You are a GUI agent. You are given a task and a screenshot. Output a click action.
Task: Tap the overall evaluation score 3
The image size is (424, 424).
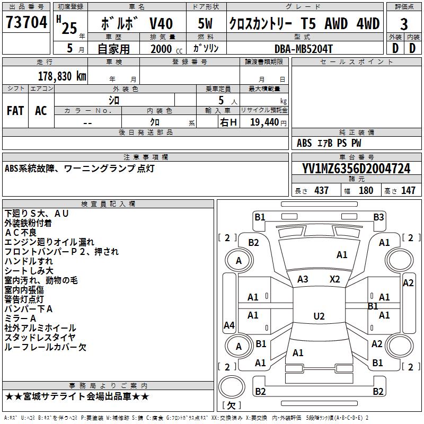point(404,24)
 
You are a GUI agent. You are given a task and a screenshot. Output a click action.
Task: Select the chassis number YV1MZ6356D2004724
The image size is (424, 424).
point(356,169)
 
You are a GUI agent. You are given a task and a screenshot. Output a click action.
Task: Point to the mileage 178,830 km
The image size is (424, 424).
point(63,76)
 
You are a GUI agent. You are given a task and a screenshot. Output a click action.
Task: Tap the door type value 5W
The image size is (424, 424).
point(206,24)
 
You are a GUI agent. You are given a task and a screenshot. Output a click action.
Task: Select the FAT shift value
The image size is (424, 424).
point(15,111)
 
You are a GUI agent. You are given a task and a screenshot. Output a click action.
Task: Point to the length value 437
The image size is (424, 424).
point(321,190)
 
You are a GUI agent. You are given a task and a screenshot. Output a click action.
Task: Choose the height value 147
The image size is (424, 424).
point(408,190)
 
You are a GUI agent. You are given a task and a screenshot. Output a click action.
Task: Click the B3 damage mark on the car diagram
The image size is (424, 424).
point(378,217)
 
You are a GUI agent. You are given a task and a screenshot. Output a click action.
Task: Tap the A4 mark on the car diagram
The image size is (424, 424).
point(229,325)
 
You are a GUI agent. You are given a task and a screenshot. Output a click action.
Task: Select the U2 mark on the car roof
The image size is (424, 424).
point(319,316)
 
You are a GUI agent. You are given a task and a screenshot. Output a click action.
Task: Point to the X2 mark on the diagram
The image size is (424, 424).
point(334,279)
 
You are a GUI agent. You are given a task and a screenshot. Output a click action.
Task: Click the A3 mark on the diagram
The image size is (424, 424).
point(303,279)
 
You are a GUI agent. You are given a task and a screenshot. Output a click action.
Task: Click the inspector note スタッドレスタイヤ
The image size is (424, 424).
point(40,338)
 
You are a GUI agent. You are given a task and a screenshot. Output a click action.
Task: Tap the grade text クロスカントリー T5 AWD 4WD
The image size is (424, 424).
point(304,24)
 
